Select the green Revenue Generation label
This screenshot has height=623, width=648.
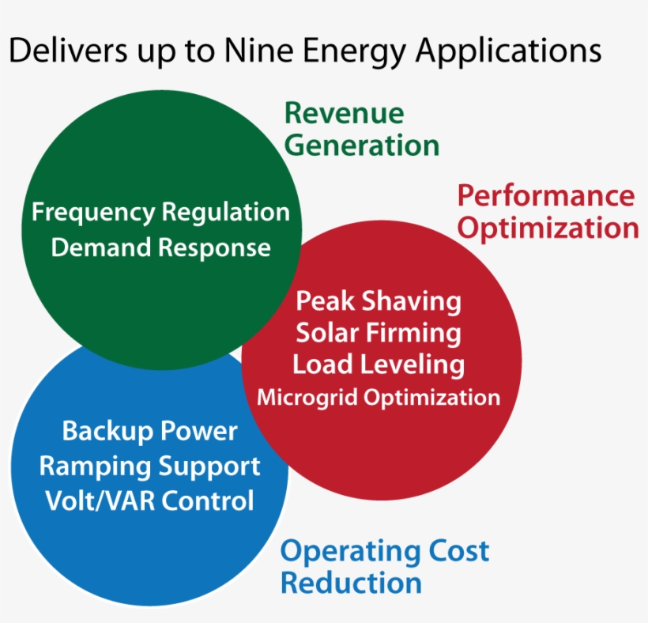pyautogui.click(x=361, y=130)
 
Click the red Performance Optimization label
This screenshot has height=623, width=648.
pyautogui.click(x=548, y=212)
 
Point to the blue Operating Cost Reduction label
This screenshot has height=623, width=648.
pyautogui.click(x=384, y=567)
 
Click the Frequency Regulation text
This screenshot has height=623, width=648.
pyautogui.click(x=160, y=213)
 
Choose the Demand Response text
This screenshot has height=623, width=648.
pyautogui.click(x=160, y=247)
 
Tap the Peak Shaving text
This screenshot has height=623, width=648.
pyautogui.click(x=378, y=301)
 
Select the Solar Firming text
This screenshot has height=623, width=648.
pyautogui.click(x=378, y=333)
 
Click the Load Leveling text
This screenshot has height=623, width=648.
pyautogui.click(x=378, y=364)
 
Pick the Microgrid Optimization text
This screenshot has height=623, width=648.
pyautogui.click(x=378, y=397)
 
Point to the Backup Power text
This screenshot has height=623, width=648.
pyautogui.click(x=149, y=432)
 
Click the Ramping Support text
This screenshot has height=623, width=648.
pyautogui.click(x=149, y=466)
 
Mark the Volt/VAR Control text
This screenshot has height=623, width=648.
pyautogui.click(x=149, y=500)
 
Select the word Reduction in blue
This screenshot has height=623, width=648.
pyautogui.click(x=351, y=583)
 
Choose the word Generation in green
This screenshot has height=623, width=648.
pyautogui.click(x=361, y=145)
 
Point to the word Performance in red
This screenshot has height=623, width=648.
pyautogui.click(x=546, y=195)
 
